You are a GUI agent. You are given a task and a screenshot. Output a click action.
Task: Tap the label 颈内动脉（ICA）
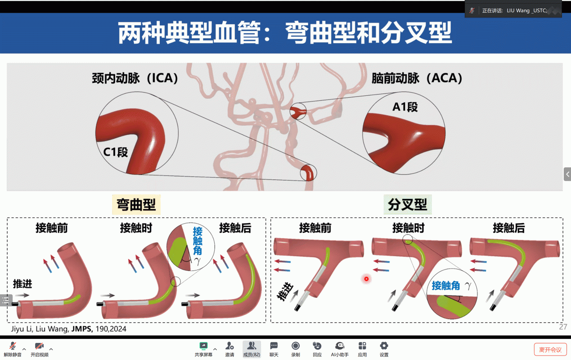coord(135,78)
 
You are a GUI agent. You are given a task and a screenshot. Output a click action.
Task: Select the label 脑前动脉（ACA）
coord(417,78)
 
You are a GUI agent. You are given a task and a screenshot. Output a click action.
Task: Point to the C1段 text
coord(116,152)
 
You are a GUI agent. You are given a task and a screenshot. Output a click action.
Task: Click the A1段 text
coord(405,107)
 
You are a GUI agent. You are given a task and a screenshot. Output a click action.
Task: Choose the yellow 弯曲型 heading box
coord(136,205)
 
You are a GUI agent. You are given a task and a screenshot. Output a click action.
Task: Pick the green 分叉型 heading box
coord(407,205)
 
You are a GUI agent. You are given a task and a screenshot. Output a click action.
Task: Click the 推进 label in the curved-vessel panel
coord(22,284)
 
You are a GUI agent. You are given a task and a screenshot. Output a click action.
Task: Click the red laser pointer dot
coord(366,279)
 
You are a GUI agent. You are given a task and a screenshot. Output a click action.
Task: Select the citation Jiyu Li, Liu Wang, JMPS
coord(69,329)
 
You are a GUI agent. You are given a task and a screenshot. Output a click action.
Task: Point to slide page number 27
coord(563,327)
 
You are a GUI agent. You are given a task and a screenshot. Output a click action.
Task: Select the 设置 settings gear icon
coord(384,346)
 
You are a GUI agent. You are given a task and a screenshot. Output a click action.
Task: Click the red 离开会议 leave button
coord(550,350)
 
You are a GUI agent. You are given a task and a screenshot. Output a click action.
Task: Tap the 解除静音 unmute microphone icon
coord(13,346)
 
